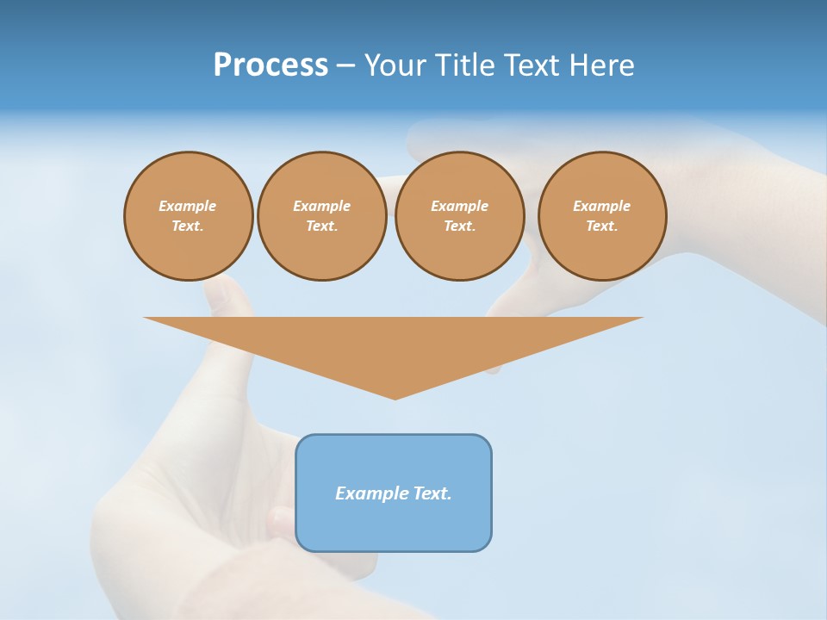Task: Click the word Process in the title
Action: pos(270,65)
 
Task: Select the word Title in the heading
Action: pos(467,65)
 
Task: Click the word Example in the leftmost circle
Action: pos(188,206)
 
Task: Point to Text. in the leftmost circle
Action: pos(188,226)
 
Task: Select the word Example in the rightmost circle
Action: pos(602,206)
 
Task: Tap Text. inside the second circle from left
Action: pos(321,226)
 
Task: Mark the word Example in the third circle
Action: pos(459,206)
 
